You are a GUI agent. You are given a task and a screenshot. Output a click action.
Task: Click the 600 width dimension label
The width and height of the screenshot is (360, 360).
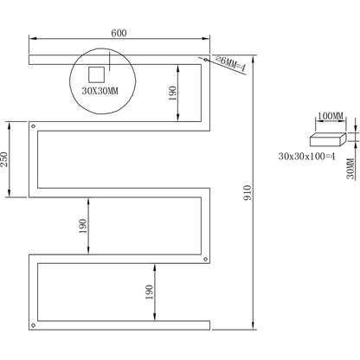click(119, 33)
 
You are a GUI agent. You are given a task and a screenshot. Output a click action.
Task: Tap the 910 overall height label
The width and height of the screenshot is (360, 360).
click(247, 193)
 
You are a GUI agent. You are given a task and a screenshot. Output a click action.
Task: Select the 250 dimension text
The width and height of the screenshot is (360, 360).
click(3, 159)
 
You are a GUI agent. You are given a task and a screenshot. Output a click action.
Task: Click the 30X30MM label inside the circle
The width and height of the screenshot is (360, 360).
click(100, 91)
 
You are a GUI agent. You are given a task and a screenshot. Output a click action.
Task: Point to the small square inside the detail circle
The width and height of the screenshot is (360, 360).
click(96, 75)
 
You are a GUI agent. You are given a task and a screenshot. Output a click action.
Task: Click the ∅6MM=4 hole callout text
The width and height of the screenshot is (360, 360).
click(230, 63)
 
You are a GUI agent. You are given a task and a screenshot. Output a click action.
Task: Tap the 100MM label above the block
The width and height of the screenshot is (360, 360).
click(331, 116)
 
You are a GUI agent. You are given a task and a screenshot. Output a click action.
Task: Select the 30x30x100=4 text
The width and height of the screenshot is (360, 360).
click(307, 157)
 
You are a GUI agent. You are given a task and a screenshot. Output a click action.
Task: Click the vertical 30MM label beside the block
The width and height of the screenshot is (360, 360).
click(350, 169)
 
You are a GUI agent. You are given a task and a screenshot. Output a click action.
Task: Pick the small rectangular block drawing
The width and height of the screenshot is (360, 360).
click(328, 139)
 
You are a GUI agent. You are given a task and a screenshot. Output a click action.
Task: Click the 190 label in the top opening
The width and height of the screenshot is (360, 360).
click(172, 93)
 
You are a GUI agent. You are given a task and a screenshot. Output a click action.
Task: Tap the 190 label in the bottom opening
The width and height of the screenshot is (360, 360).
click(149, 292)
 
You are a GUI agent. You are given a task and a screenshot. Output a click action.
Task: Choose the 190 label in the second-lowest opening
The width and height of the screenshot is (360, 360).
click(83, 226)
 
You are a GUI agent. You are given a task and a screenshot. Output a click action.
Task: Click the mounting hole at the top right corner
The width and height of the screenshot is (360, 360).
click(205, 60)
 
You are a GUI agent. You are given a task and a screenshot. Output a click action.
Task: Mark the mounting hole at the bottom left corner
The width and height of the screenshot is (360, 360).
click(33, 325)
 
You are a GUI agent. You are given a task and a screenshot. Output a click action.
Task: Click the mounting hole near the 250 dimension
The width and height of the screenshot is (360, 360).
click(33, 125)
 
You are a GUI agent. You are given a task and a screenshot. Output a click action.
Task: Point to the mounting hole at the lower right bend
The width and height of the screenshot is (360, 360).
click(205, 259)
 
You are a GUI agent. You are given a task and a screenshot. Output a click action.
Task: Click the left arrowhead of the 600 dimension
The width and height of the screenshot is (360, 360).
click(32, 38)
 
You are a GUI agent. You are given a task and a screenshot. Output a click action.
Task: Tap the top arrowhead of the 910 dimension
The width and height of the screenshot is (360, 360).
click(253, 59)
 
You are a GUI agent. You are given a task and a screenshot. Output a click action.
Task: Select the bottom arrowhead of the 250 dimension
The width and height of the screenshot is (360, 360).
click(10, 194)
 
